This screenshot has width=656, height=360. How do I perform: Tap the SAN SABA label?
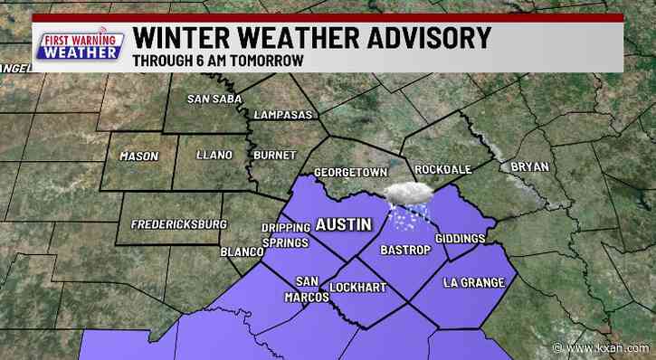pyautogui.click(x=213, y=99)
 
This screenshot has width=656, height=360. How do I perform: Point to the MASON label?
pyautogui.click(x=138, y=156)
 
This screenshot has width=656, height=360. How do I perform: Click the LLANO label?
pyautogui.click(x=214, y=156)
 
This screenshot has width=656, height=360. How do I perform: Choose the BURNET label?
pyautogui.click(x=274, y=156)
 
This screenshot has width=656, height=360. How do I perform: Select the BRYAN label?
pyautogui.click(x=530, y=166)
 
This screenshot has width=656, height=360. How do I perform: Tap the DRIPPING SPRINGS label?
pyautogui.click(x=284, y=234)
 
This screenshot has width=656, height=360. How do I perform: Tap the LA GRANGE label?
pyautogui.click(x=473, y=283)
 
